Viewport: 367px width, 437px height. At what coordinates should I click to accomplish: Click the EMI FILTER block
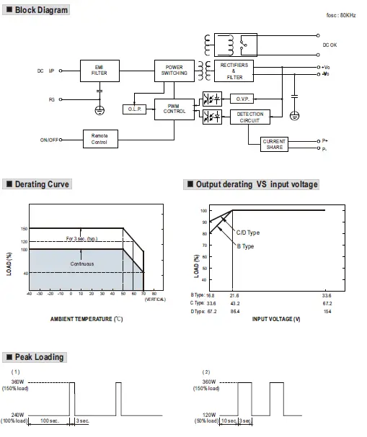[100, 71]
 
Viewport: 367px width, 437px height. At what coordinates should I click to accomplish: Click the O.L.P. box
[135, 109]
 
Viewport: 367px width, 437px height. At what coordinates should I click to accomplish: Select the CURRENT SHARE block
[274, 144]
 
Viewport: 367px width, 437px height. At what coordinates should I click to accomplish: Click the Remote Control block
[100, 140]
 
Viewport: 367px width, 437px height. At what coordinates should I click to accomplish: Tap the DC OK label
[330, 44]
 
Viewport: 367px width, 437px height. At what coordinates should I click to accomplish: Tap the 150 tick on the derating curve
[24, 229]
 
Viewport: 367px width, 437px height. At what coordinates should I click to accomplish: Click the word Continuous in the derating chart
[82, 263]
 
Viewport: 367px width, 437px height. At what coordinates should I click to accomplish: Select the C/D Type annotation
[248, 233]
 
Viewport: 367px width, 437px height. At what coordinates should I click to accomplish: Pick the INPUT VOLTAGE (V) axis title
[276, 317]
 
